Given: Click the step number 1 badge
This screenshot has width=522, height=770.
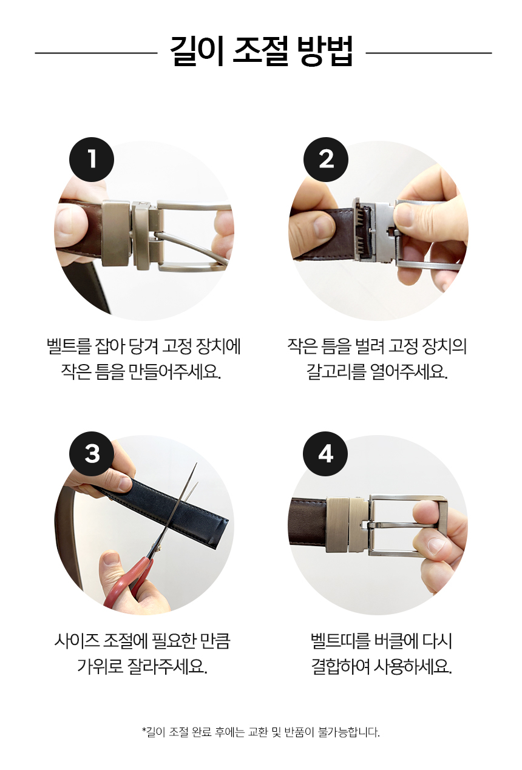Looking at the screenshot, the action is (92, 160).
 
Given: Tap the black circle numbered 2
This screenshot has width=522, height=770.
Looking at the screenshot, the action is (326, 160).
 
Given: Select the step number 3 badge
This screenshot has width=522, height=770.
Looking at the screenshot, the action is (92, 454).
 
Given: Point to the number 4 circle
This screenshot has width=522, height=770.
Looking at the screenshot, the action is (325, 454).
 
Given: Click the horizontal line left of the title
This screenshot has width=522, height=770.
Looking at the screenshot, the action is (96, 53).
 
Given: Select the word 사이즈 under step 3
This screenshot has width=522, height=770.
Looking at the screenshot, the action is (76, 641).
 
